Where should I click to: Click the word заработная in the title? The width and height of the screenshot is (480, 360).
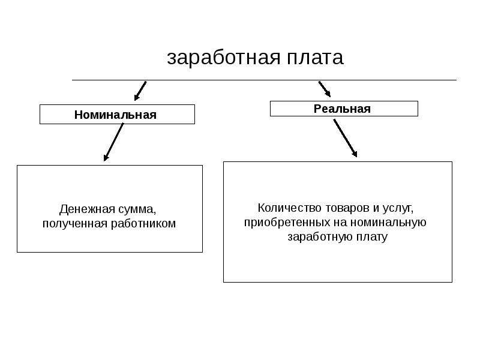point(224,58)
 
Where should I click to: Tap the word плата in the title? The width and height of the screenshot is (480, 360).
point(316,57)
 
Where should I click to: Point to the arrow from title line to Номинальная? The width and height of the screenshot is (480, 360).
point(140,91)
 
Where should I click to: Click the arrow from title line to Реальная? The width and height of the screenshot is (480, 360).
point(325,89)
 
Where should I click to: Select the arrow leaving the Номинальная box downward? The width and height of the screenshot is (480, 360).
point(113,142)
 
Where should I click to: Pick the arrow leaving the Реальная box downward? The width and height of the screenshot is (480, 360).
point(346,138)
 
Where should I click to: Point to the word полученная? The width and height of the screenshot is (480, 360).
point(74,224)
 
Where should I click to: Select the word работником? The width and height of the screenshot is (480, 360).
point(143,223)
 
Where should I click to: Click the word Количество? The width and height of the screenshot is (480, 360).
point(290,208)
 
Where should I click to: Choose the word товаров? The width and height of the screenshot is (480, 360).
point(347,208)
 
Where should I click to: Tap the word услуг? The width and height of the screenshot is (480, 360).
point(398,209)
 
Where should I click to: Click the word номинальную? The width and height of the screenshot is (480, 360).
point(388,223)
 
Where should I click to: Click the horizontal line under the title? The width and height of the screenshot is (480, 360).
point(264,80)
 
